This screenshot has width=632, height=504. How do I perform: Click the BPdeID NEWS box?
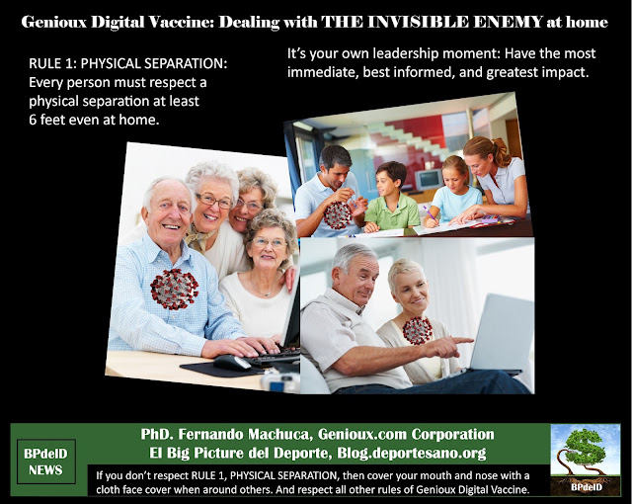(x=46, y=462)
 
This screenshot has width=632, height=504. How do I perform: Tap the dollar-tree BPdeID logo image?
(x=586, y=459)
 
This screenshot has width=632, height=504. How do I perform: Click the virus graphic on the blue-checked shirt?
(x=175, y=289)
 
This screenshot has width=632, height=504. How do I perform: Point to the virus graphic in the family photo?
(x=338, y=215)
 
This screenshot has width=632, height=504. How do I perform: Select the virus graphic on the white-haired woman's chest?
(x=417, y=331)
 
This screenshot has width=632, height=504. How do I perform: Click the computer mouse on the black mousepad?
(x=232, y=363)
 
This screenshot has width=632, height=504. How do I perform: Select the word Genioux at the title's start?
(x=54, y=22)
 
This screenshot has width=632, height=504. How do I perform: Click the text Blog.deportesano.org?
(x=412, y=454)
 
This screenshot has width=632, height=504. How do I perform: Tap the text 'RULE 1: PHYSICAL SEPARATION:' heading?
(x=128, y=63)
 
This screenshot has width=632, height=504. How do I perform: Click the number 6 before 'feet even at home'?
(x=33, y=120)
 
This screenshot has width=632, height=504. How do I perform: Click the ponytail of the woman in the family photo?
(x=500, y=151)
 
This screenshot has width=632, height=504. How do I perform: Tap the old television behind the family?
(x=430, y=180)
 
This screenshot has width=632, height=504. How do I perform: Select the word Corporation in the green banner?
(x=452, y=434)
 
